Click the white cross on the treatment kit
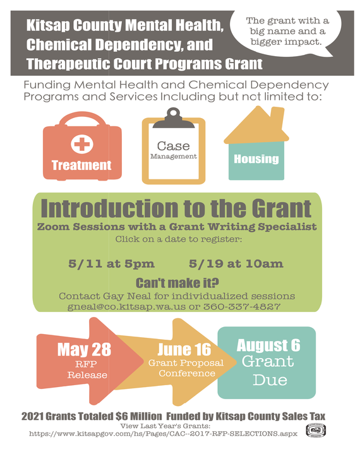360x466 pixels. pos(81,144)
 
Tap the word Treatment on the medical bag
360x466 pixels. pos(81,165)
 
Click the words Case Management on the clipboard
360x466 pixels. pos(173,150)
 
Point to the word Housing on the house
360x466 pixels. pos(256,159)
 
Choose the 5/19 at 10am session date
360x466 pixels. pos(236,263)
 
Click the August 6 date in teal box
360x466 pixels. pos(268,345)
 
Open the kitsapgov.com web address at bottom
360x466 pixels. pos(163,435)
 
